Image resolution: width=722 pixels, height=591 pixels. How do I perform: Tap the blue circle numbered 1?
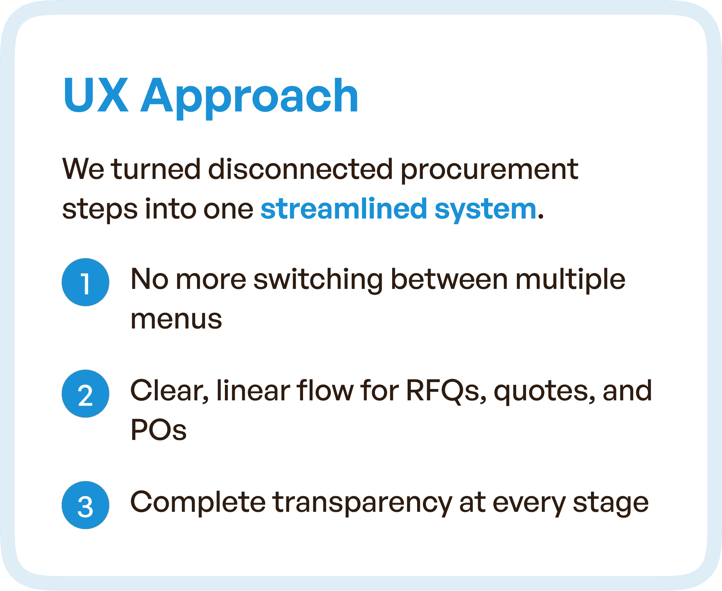click(x=85, y=282)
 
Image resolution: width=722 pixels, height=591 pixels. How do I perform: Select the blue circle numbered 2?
click(x=85, y=394)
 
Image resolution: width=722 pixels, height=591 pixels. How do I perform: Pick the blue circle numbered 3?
click(x=85, y=505)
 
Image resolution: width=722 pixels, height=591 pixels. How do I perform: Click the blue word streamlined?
click(x=344, y=209)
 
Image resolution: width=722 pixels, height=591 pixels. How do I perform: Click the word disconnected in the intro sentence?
click(x=300, y=169)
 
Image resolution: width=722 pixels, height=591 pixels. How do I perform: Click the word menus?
click(x=176, y=319)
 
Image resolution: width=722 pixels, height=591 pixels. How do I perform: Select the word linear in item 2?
click(x=253, y=391)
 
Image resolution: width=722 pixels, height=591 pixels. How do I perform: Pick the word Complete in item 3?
click(x=198, y=503)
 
